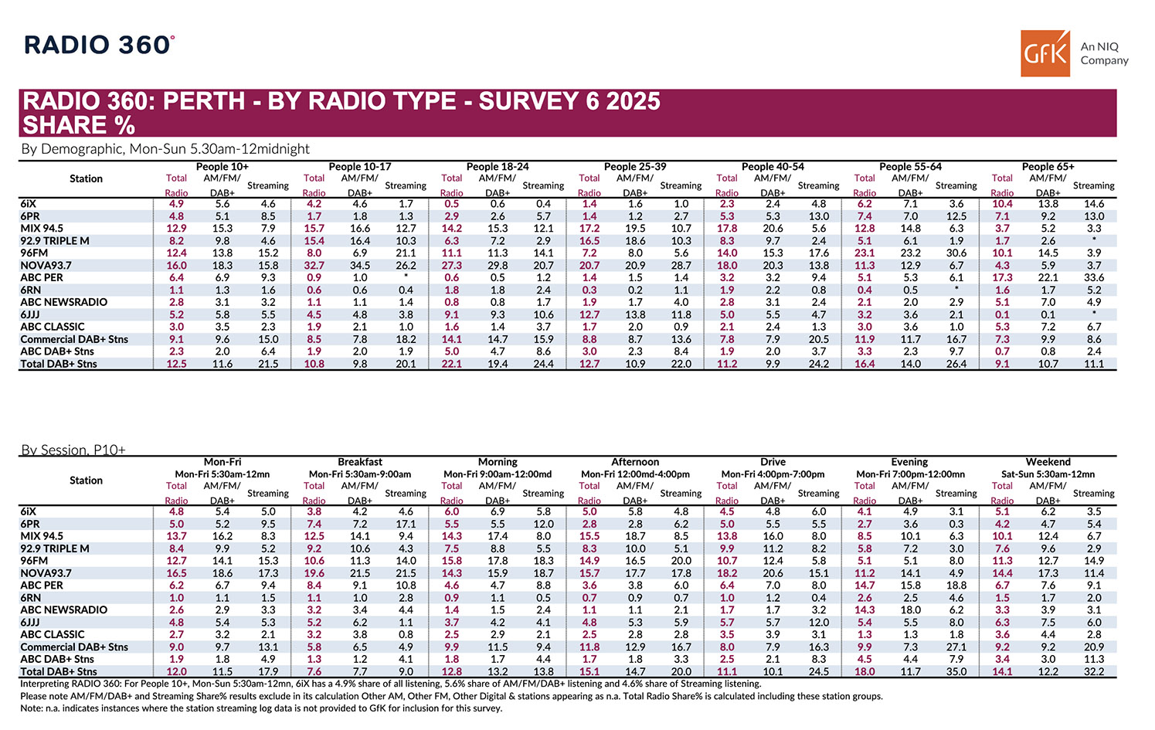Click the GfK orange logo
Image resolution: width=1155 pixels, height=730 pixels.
tap(1045, 53)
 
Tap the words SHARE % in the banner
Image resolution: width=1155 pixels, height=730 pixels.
tap(79, 125)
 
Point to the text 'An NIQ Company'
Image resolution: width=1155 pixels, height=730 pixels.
tap(1103, 53)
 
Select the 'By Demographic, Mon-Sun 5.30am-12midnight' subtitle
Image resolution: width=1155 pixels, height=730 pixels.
tap(165, 149)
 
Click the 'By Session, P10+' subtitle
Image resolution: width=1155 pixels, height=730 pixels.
tap(73, 450)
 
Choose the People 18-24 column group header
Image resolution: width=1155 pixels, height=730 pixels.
tap(498, 166)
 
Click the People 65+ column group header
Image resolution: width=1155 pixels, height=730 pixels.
tap(1048, 166)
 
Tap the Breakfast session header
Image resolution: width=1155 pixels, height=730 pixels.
tap(360, 462)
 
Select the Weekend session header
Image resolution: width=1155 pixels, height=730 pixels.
tap(1048, 462)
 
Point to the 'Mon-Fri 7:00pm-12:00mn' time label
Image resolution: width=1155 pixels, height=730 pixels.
tap(910, 474)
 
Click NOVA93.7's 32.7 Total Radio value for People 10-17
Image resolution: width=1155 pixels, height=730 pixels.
tap(314, 265)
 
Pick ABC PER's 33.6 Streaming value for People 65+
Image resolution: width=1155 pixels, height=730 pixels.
tap(1093, 277)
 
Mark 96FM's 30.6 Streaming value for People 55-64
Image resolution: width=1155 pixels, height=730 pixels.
tap(956, 253)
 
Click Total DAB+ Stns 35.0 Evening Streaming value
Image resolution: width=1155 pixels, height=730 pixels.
tap(956, 671)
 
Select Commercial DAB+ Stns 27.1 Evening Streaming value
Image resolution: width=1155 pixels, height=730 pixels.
tap(956, 647)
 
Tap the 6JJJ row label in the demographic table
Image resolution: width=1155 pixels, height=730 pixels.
tap(31, 314)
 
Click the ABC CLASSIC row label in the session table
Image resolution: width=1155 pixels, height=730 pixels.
tap(53, 634)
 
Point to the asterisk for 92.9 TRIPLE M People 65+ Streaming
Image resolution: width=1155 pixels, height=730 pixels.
tap(1093, 240)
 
